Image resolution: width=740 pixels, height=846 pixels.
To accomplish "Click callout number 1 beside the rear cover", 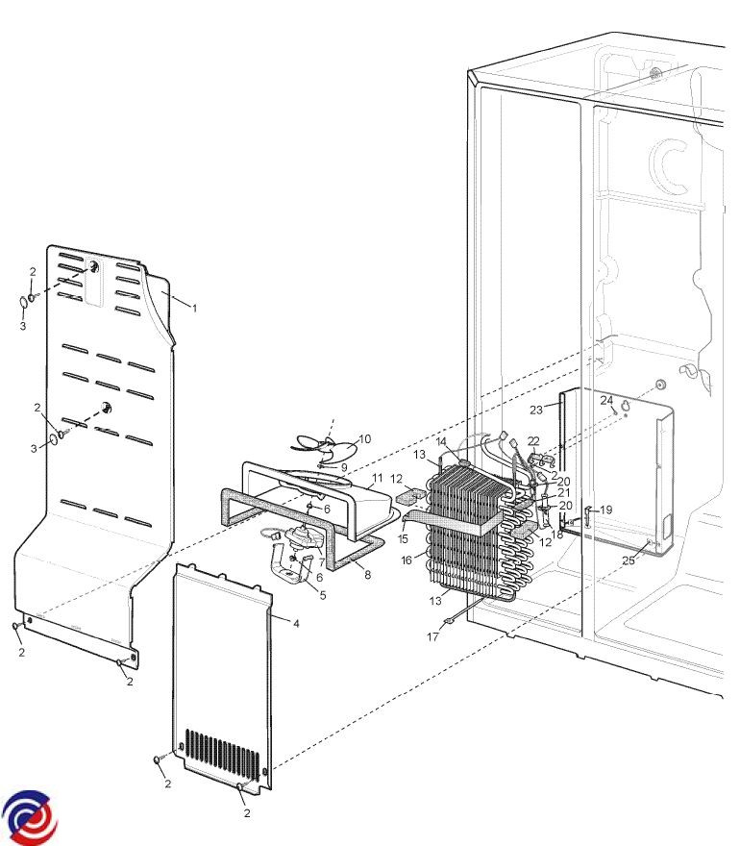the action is (x=194, y=308).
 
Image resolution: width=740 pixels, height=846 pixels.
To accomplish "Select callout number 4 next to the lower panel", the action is (x=296, y=623).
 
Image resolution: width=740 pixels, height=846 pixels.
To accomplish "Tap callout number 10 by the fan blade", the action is (x=365, y=438).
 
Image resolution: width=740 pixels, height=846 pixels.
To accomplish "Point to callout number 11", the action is (x=377, y=478).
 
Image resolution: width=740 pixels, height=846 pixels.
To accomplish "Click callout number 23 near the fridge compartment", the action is (x=535, y=411).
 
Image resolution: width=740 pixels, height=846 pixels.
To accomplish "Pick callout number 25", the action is (x=629, y=560).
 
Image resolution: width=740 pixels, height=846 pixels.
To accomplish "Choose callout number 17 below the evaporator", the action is (x=432, y=636).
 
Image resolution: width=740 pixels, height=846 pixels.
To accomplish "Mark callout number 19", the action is (x=606, y=510).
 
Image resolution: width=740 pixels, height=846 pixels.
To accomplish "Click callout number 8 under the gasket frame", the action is (x=367, y=575).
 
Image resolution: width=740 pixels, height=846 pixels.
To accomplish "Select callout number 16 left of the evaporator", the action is (x=407, y=560).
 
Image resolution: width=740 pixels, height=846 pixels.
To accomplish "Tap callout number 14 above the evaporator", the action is (x=441, y=442).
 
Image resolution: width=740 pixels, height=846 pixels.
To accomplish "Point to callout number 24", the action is (x=606, y=400).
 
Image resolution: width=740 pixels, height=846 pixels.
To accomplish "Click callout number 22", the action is (x=533, y=441).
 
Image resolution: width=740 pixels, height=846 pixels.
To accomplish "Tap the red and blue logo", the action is (x=30, y=817).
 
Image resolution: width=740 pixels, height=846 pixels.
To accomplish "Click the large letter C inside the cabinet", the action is (x=669, y=166).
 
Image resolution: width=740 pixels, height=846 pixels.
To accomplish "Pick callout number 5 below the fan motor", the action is (x=323, y=595).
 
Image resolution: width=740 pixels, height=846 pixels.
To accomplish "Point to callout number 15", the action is (x=403, y=539).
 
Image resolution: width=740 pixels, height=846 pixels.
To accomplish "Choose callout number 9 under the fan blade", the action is (x=344, y=468).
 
